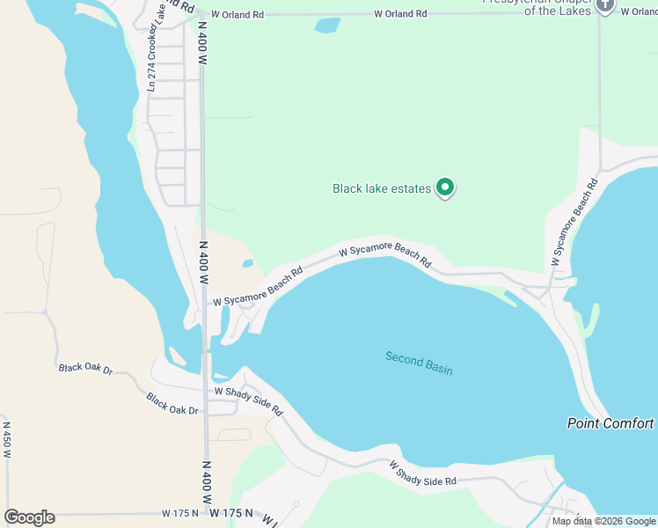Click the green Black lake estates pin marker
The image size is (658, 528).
coord(445,187)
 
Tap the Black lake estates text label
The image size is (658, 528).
coord(382,188)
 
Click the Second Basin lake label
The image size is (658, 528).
coord(419,363)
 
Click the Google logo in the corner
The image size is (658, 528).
coord(30,517)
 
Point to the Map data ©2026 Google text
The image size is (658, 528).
coord(604,521)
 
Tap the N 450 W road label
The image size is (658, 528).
coord(6,438)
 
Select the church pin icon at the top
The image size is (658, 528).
coord(605,6)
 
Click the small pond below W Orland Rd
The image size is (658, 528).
coord(327,26)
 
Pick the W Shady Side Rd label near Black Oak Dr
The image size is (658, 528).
coord(248,400)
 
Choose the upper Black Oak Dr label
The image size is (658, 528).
coord(86,369)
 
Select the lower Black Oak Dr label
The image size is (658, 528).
coord(174,405)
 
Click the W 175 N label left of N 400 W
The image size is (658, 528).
coord(181,512)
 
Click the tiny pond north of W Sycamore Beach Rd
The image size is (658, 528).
coord(248,262)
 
